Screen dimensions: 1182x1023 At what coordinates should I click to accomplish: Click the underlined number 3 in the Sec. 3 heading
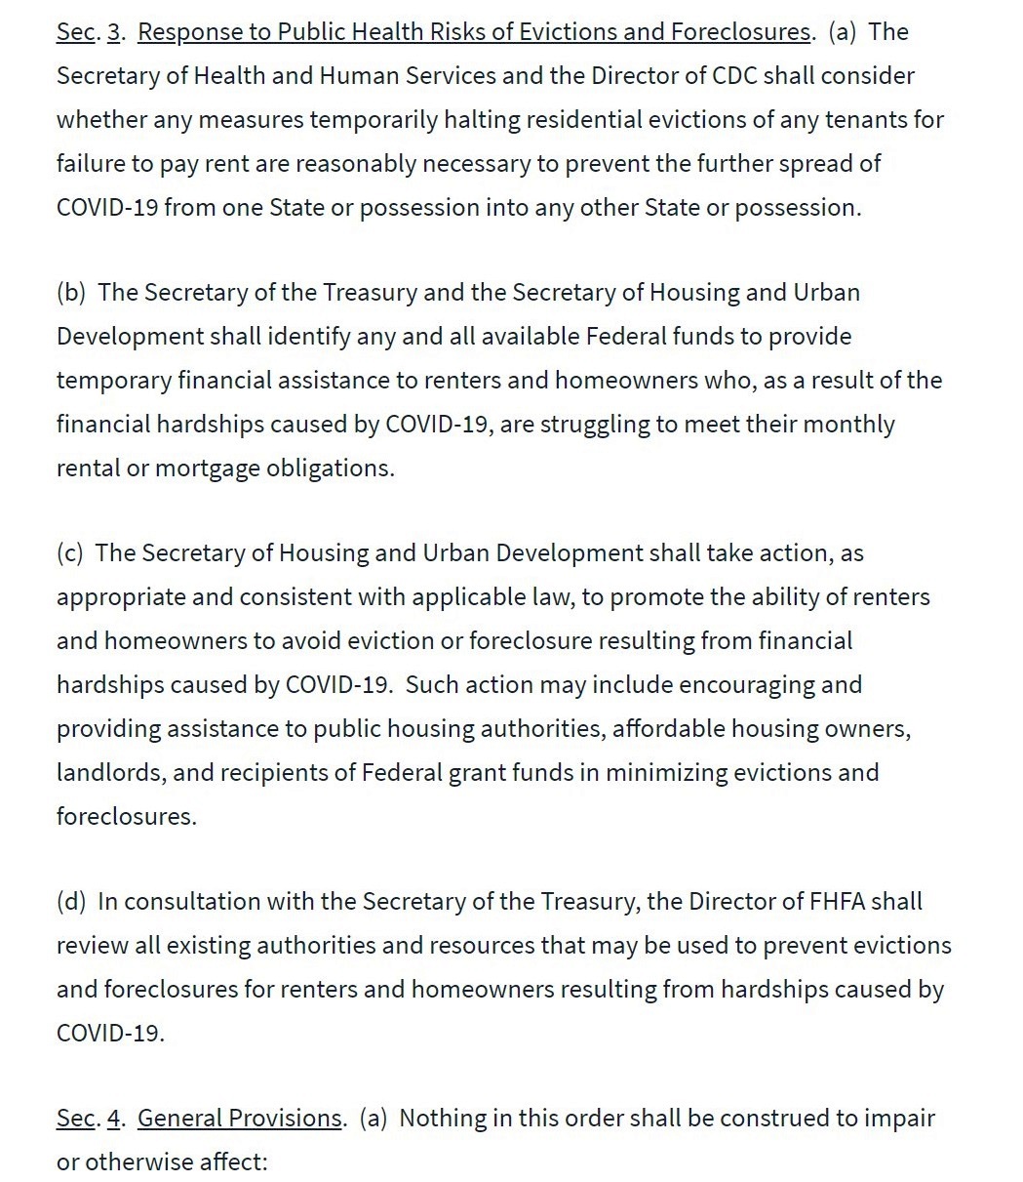pyautogui.click(x=113, y=31)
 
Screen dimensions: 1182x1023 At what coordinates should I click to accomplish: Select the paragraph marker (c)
pyautogui.click(x=70, y=552)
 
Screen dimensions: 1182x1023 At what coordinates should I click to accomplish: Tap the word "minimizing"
pyautogui.click(x=665, y=772)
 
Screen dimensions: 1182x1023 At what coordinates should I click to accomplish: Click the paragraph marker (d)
pyautogui.click(x=72, y=901)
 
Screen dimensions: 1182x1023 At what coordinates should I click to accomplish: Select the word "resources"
pyautogui.click(x=477, y=945)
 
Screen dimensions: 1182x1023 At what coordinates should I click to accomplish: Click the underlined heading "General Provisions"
pyautogui.click(x=240, y=1118)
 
